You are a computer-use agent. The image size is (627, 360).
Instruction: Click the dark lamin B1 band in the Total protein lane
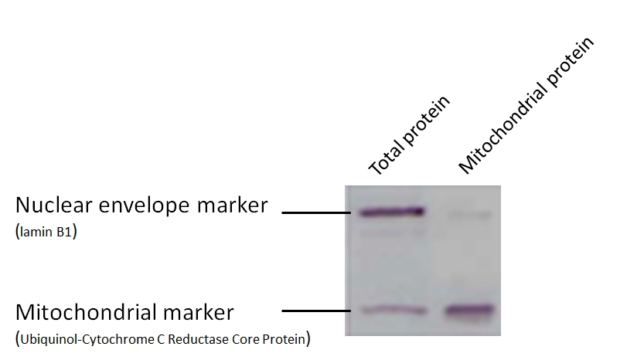point(391,212)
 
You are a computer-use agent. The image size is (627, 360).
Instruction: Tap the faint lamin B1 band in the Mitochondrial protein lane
point(469,216)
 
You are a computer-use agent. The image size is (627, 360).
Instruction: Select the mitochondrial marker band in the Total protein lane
point(394,310)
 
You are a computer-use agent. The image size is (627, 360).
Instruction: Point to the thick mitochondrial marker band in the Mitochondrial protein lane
point(470,310)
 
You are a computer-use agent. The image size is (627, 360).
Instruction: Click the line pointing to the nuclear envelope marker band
point(316,212)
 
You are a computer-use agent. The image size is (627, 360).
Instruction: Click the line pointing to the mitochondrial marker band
point(316,311)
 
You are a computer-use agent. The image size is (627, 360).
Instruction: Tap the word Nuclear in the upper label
point(54,205)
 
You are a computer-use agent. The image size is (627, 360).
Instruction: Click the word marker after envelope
point(233,205)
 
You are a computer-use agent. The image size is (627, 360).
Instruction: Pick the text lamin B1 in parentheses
point(46,232)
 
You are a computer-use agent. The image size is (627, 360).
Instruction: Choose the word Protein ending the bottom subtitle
point(284,339)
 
